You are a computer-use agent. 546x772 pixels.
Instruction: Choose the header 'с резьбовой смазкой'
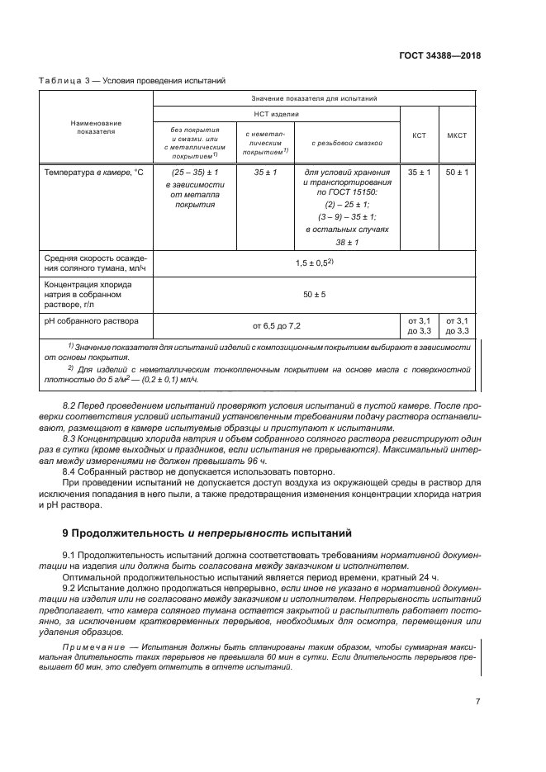[347, 142]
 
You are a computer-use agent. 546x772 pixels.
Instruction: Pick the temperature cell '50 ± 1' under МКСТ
[457, 172]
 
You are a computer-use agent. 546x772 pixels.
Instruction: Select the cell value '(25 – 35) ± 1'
[193, 172]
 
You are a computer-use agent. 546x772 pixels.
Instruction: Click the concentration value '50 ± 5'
[314, 294]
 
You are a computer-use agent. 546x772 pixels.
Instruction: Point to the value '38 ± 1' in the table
[347, 241]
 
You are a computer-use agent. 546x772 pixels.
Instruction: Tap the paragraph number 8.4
[71, 470]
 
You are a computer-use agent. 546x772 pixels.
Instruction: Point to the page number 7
[477, 702]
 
